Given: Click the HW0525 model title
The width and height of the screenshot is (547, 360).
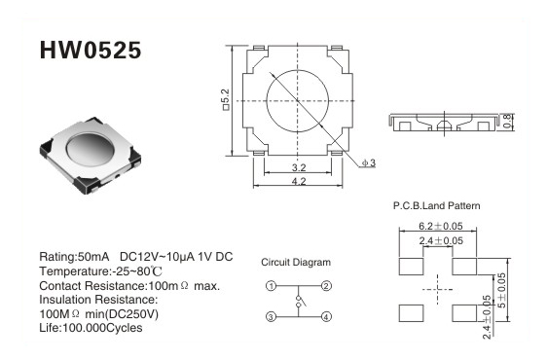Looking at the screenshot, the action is tap(91, 51).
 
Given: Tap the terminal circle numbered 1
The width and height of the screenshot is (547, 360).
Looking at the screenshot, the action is tap(271, 286).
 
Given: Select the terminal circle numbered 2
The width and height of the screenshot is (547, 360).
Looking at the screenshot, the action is tap(326, 286).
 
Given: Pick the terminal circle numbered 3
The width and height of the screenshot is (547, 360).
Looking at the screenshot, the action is tap(271, 317).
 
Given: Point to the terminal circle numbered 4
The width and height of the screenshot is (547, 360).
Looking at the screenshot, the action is tap(326, 317).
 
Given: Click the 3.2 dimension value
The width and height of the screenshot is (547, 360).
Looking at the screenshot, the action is tap(299, 167).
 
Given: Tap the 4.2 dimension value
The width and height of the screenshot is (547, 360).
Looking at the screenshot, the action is tap(299, 181).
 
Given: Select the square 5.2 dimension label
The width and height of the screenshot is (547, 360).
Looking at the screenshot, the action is tap(226, 100).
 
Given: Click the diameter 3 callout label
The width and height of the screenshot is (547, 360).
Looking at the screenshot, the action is tap(369, 162).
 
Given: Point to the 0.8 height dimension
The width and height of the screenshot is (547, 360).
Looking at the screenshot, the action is tap(508, 121).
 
